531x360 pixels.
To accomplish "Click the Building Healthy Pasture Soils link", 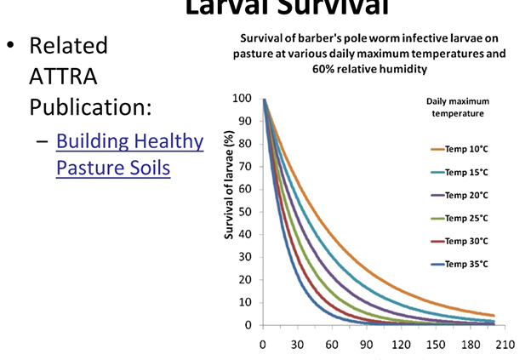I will click(129, 154).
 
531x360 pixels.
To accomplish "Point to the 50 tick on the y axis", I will click(244, 212).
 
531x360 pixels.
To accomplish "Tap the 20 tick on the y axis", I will click(244, 280).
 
